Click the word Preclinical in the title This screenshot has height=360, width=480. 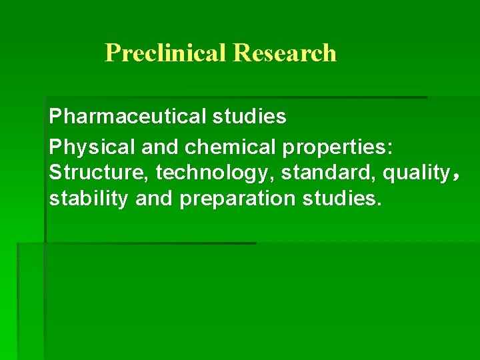(166, 53)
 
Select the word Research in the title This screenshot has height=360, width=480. (285, 53)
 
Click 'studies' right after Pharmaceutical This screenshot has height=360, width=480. (249, 117)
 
